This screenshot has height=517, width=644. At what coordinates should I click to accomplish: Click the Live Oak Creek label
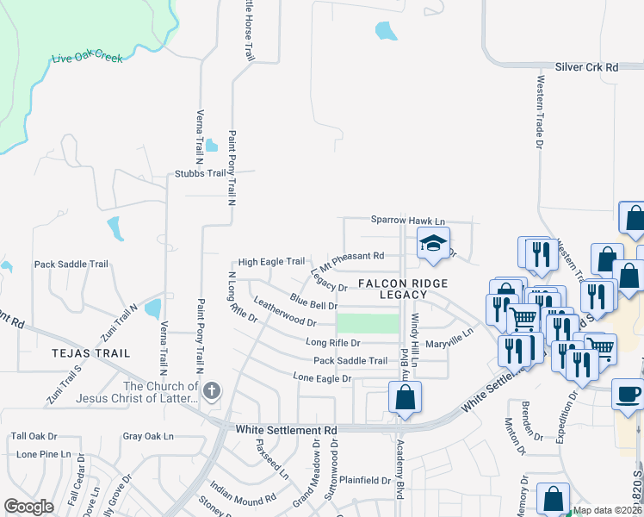pos(88,58)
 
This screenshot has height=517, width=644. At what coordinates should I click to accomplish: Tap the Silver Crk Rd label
pos(587,66)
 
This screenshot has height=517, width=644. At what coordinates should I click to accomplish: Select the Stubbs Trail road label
pos(200,173)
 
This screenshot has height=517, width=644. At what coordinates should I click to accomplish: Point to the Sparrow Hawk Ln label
pos(408,221)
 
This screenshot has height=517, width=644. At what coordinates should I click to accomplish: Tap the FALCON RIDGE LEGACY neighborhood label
pos(393,289)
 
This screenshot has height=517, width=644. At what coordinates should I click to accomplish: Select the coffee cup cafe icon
pos(628,393)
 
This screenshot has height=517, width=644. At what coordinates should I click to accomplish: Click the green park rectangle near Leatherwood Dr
pos(368,323)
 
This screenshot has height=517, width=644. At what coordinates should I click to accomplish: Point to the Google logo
pos(28,507)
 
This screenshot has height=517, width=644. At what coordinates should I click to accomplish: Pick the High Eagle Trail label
pos(271,262)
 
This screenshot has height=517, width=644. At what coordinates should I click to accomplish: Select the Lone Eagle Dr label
pos(323,378)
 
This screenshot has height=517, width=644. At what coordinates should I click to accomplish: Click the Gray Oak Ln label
pos(149,437)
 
